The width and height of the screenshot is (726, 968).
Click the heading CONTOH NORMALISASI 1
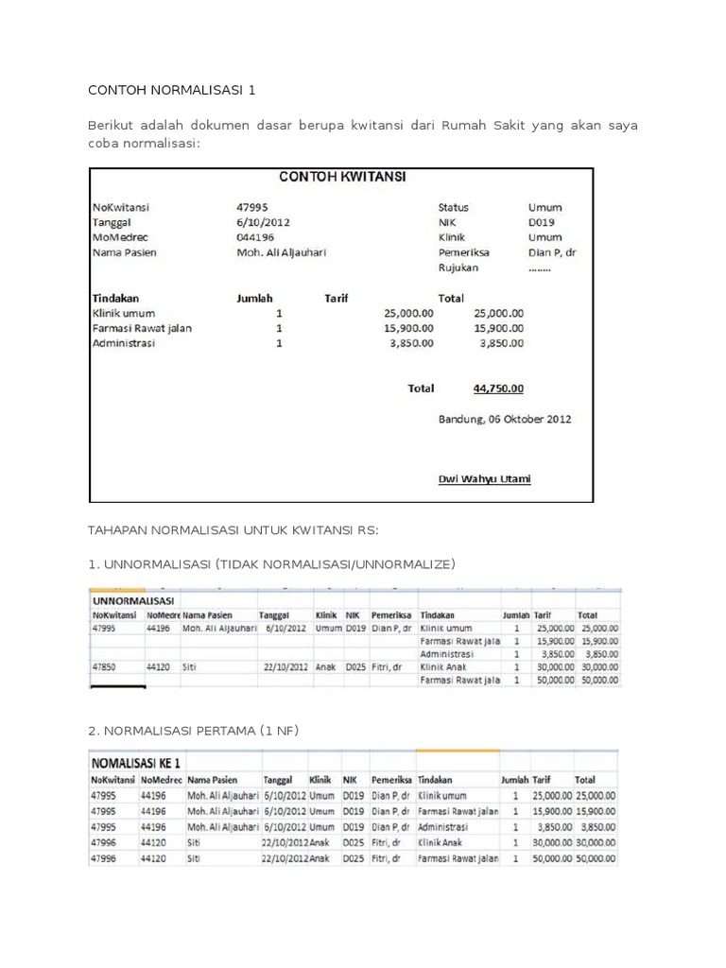pyautogui.click(x=171, y=91)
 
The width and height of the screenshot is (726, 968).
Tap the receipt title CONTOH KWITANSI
pyautogui.click(x=340, y=177)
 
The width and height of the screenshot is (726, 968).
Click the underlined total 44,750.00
pyautogui.click(x=498, y=388)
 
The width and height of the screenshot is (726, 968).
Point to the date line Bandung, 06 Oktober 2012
pyautogui.click(x=504, y=418)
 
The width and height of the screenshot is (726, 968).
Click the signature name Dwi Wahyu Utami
pyautogui.click(x=484, y=478)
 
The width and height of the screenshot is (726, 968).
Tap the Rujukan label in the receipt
pyautogui.click(x=458, y=268)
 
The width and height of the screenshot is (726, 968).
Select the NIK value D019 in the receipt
pyautogui.click(x=542, y=222)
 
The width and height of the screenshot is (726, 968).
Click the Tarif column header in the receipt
pyautogui.click(x=337, y=298)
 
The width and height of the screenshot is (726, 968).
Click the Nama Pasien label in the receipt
pyautogui.click(x=124, y=252)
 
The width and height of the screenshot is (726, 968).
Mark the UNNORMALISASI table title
pyautogui.click(x=133, y=599)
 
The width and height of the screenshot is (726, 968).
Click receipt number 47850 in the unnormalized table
pyautogui.click(x=105, y=665)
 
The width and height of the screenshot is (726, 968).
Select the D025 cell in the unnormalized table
pyautogui.click(x=355, y=665)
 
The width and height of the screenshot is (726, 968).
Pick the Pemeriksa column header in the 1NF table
pyautogui.click(x=389, y=781)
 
